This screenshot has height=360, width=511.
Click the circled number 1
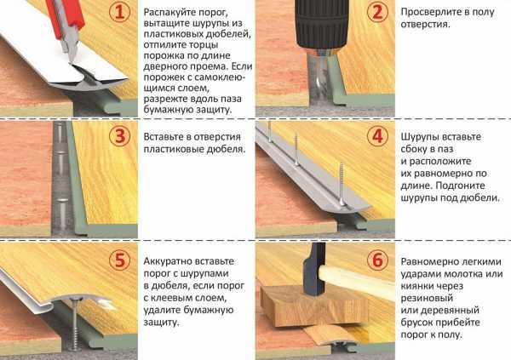tap(120, 12)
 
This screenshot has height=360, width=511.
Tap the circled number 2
tap(377, 12)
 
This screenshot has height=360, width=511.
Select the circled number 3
tap(120, 136)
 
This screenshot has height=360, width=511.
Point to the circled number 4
tap(377, 136)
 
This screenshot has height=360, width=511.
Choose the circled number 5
tap(120, 260)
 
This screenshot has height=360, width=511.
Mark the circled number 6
tap(377, 260)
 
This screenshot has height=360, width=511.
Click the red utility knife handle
tap(66, 16)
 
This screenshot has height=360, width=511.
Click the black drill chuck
tap(321, 26)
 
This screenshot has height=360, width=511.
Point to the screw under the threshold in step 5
tap(76, 323)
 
